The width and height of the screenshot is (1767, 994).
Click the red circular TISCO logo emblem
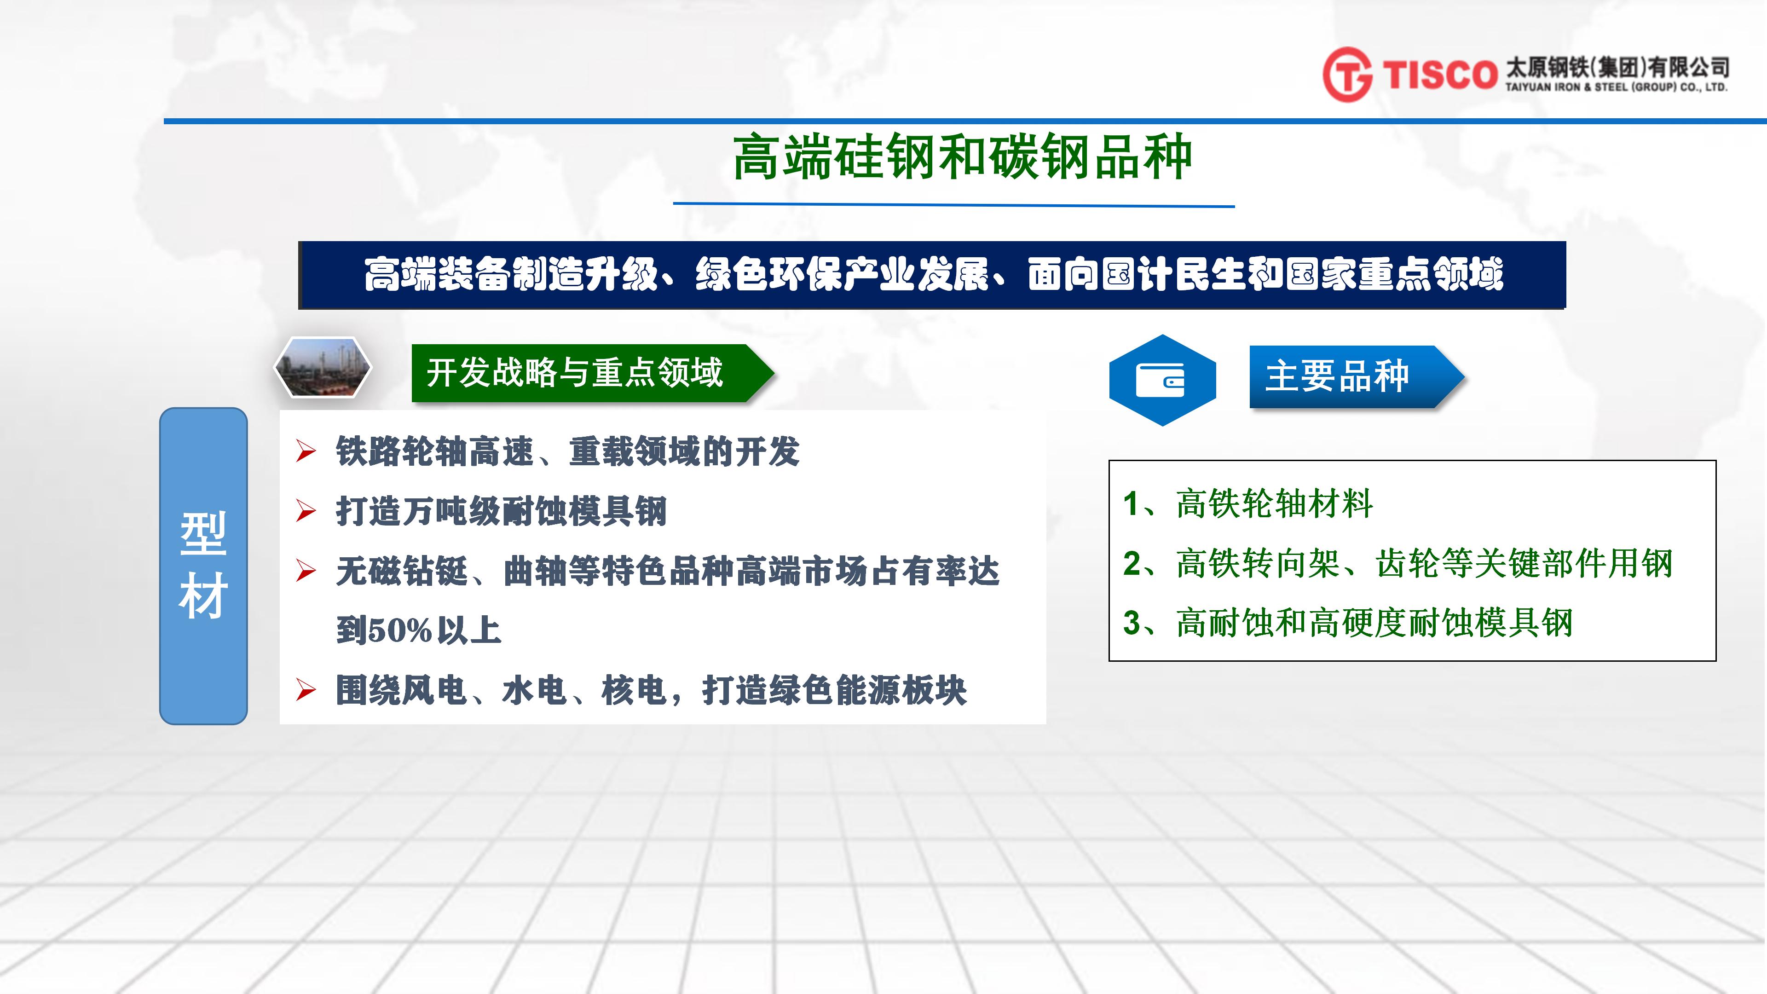(1347, 74)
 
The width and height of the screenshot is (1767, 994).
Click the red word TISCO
(1439, 74)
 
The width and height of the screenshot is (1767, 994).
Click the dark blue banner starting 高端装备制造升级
(932, 274)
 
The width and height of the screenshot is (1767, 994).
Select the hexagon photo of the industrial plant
(323, 367)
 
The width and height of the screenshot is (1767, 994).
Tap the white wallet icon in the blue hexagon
(1160, 379)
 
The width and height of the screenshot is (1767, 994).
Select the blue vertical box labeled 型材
(203, 566)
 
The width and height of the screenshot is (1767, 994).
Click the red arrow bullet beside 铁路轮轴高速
(306, 451)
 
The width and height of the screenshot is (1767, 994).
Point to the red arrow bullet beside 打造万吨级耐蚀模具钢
(306, 511)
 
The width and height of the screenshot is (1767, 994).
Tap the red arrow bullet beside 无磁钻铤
(306, 571)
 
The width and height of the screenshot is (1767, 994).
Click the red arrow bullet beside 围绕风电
(306, 690)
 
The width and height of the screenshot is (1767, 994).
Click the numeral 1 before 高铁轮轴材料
(1131, 503)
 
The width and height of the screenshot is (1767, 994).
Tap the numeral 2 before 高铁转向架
(1132, 563)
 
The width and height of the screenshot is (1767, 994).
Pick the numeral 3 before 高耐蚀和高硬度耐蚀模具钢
(1132, 623)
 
